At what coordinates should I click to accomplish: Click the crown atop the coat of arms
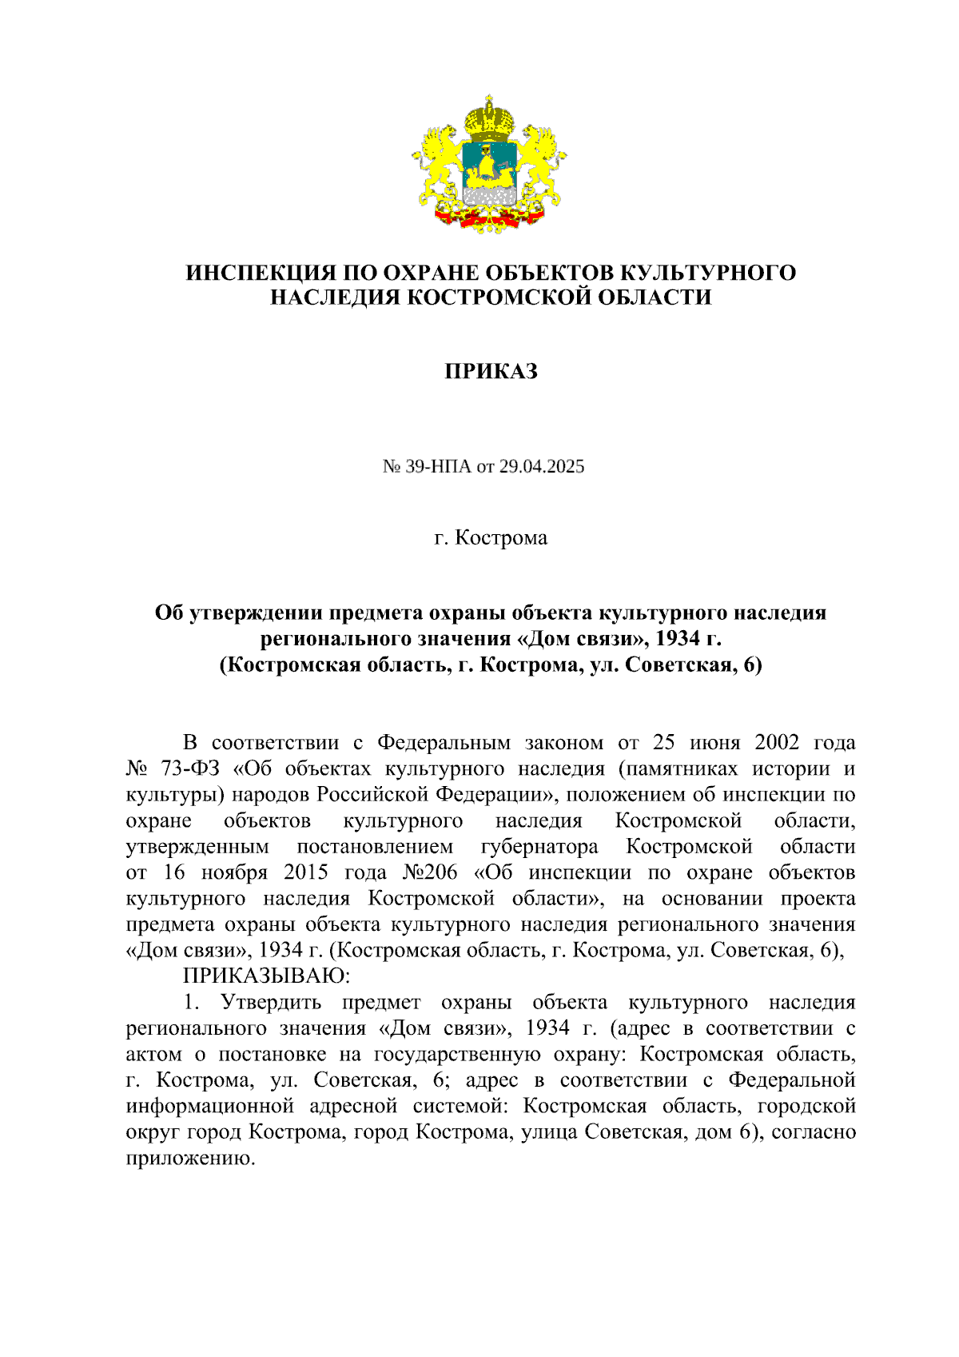tap(490, 117)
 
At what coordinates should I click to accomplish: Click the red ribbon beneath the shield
tap(490, 217)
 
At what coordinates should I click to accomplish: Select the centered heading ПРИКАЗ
tap(491, 372)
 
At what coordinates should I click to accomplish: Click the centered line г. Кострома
tap(491, 537)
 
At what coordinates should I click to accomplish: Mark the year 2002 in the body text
tap(776, 743)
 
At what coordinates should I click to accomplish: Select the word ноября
tap(233, 872)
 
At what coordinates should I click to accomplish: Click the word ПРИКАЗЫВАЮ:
tap(266, 976)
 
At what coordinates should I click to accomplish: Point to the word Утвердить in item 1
tap(270, 1002)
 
